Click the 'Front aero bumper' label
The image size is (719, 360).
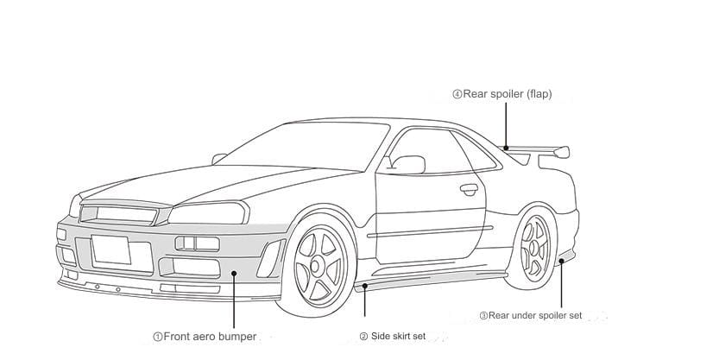(x=204, y=337)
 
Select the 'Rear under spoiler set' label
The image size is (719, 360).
(x=531, y=316)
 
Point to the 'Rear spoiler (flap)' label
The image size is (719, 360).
(x=501, y=94)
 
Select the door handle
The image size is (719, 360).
(x=469, y=188)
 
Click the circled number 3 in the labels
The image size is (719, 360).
(x=483, y=316)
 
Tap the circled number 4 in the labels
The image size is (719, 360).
(x=457, y=94)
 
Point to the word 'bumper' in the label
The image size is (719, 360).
(x=235, y=337)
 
